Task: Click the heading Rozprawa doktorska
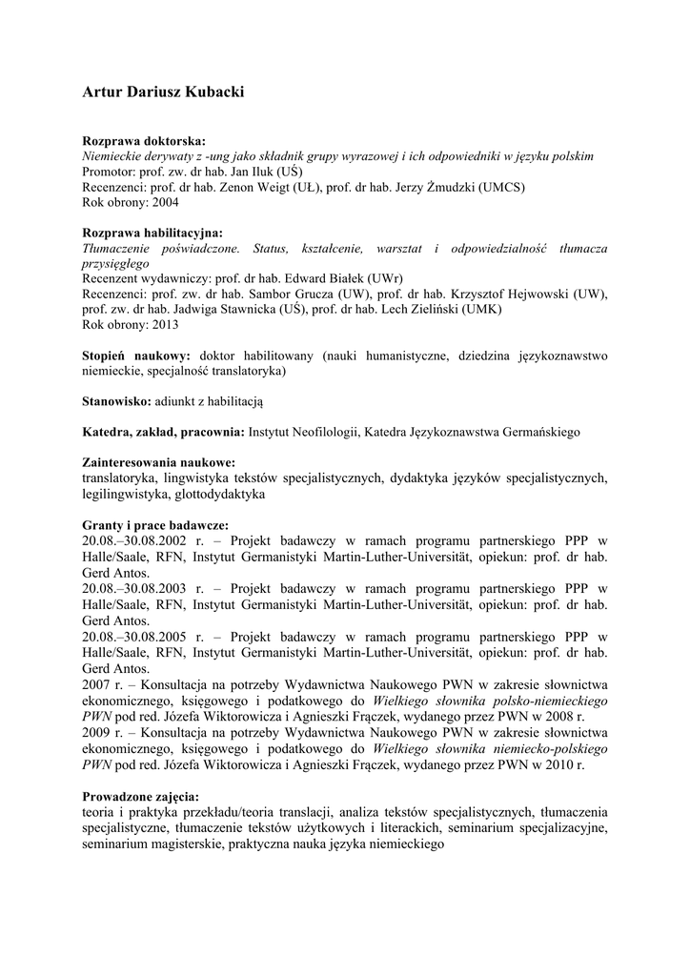coord(144,140)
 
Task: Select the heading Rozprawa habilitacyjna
coord(152,232)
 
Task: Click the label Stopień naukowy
coord(136,355)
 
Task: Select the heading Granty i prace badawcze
coord(155,524)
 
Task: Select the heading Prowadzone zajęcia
coord(140,796)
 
